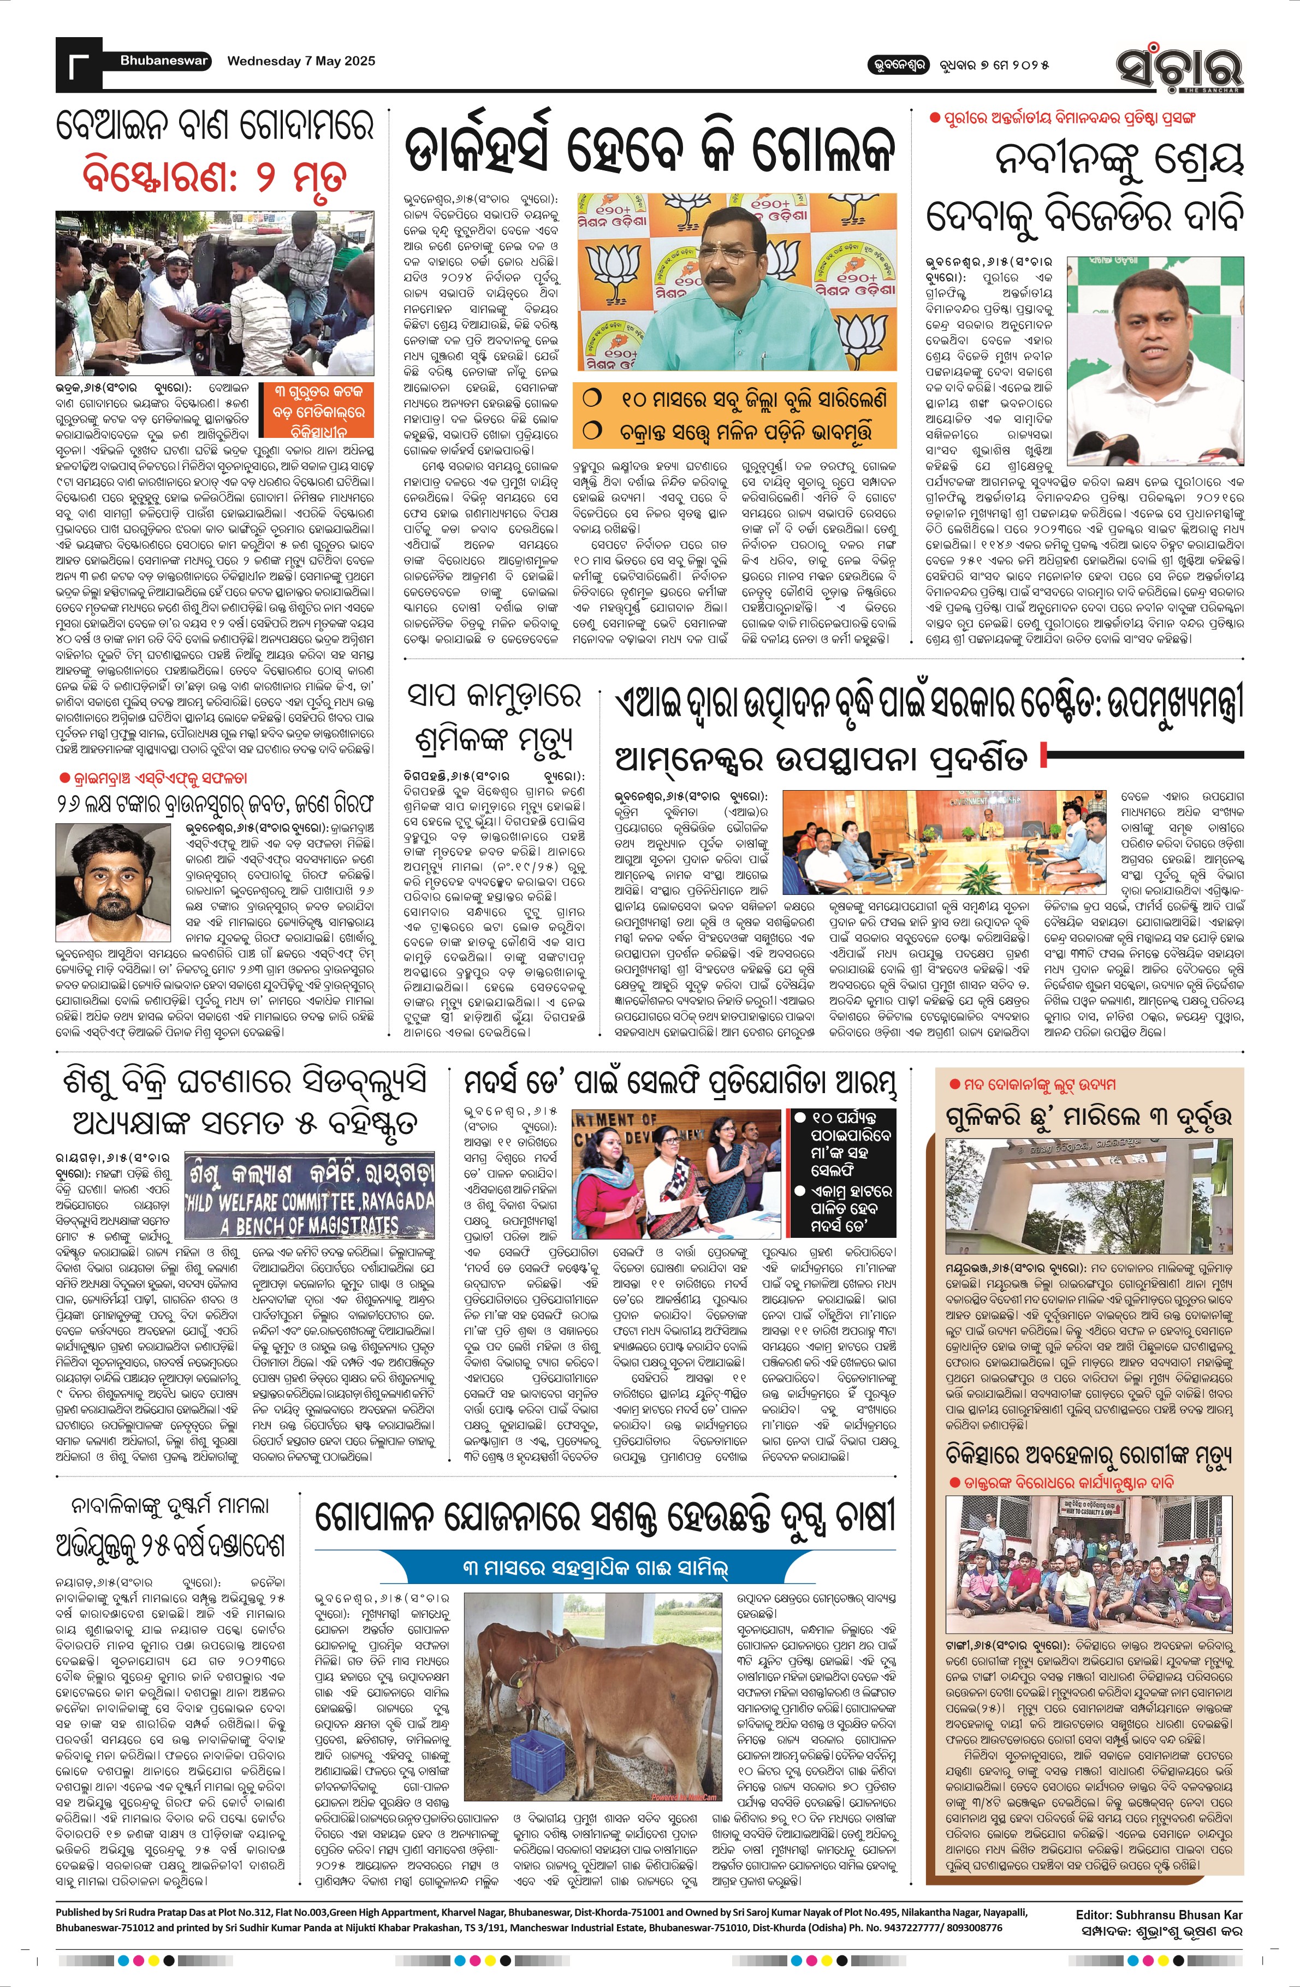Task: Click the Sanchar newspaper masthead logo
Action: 1180,65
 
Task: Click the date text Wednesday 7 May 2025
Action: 301,61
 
